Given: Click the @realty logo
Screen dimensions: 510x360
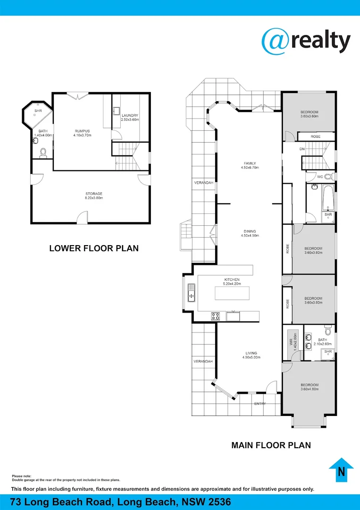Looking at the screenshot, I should pos(306,41).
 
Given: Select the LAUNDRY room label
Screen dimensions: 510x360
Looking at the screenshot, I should pos(129,116).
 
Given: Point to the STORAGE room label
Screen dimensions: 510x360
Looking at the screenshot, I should pos(94,194).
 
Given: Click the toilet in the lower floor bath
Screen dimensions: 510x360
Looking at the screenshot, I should pos(43,153).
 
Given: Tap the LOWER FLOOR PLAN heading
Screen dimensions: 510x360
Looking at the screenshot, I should pos(94,248).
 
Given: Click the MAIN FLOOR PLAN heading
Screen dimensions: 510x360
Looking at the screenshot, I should pos(271,445).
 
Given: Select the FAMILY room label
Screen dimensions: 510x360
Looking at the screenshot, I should pos(250,163).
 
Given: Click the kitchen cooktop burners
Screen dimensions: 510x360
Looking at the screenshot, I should pos(215,316).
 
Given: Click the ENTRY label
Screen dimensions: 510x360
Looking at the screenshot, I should pos(260,404).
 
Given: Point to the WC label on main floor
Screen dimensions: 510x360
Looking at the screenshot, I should pos(320,177).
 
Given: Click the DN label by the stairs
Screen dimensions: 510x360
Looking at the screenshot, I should pos(302,149).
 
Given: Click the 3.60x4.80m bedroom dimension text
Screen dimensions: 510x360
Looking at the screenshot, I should pos(310,390).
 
